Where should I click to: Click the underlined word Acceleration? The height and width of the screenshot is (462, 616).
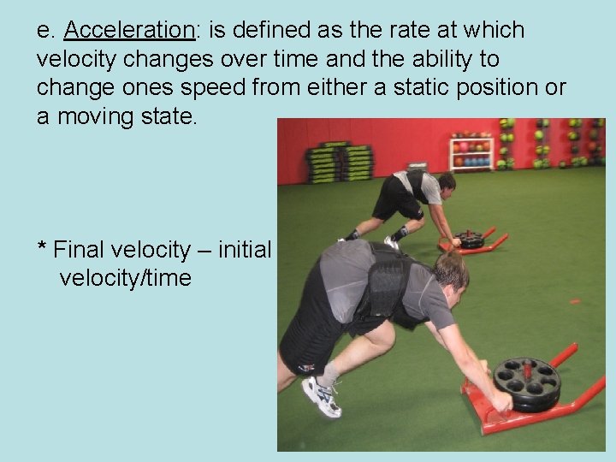[129, 31]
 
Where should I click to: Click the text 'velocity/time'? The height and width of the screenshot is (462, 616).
[125, 278]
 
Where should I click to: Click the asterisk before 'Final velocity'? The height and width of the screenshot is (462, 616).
[41, 249]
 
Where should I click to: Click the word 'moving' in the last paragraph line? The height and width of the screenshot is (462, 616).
[99, 115]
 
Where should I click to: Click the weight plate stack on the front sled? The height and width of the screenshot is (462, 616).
[525, 383]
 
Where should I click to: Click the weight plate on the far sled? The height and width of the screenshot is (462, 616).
[470, 239]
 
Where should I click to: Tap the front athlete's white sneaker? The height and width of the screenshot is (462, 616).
[321, 397]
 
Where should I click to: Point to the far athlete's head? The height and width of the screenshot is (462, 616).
[445, 181]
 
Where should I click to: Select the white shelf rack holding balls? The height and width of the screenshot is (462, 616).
[471, 154]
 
